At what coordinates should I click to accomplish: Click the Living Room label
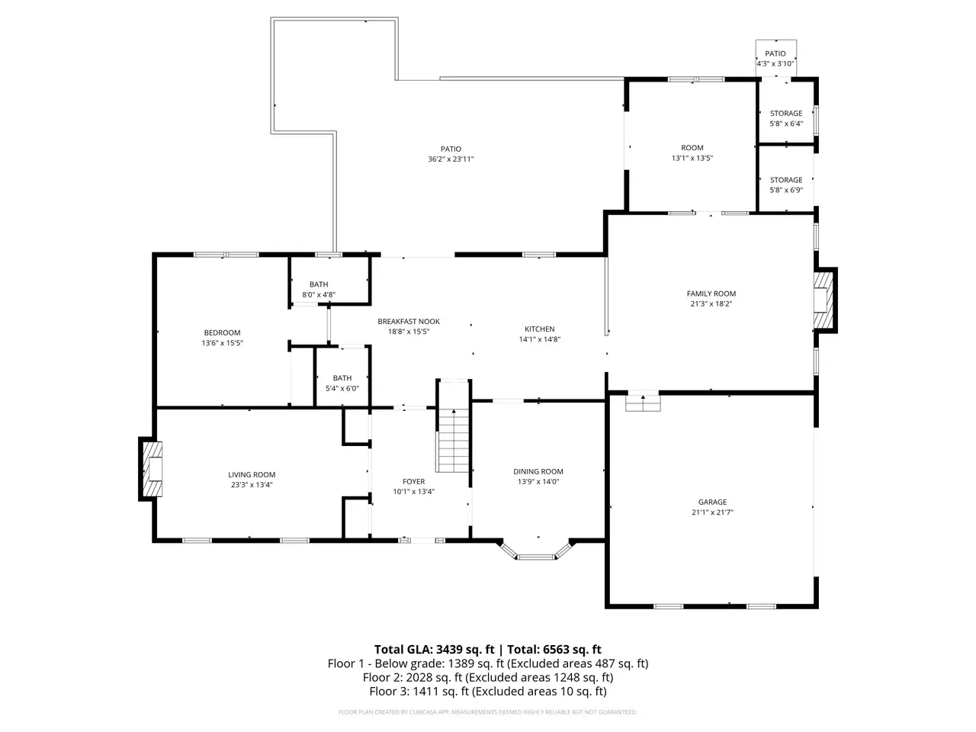(252, 474)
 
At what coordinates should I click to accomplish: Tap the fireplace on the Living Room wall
(152, 468)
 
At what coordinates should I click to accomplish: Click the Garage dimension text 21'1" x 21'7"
(712, 512)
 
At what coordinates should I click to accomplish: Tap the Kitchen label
(539, 329)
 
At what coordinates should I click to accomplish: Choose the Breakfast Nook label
(409, 321)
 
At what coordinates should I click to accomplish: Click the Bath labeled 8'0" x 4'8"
(319, 289)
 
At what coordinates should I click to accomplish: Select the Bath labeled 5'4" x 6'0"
(342, 383)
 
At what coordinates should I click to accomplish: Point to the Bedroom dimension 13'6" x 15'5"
(223, 342)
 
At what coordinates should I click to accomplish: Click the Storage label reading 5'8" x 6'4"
(786, 118)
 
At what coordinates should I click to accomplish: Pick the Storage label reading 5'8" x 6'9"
(786, 185)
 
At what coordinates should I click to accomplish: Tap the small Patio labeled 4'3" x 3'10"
(775, 58)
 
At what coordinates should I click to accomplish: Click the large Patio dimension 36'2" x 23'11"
(451, 159)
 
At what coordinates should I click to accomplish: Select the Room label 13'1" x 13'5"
(692, 152)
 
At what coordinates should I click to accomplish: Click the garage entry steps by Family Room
(643, 403)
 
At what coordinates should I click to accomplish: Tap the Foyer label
(413, 481)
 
